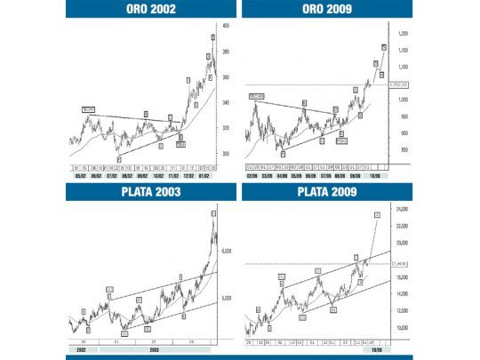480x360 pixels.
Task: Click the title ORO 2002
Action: pyautogui.click(x=150, y=10)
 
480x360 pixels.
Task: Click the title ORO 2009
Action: pyautogui.click(x=328, y=10)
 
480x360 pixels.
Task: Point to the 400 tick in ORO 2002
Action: pyautogui.click(x=227, y=26)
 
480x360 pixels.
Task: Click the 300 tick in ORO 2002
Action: pyautogui.click(x=227, y=152)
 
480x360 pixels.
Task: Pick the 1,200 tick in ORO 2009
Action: pyautogui.click(x=404, y=34)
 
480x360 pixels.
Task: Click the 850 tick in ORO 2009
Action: pyautogui.click(x=404, y=150)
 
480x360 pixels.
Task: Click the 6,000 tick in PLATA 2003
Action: pyautogui.click(x=226, y=252)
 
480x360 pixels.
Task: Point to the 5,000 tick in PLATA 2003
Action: pyautogui.click(x=226, y=298)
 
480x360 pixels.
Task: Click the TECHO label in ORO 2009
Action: pyautogui.click(x=257, y=95)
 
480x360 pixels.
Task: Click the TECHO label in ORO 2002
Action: pyautogui.click(x=88, y=109)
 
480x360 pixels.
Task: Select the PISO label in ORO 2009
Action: pyautogui.click(x=341, y=140)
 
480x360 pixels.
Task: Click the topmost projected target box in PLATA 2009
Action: pyautogui.click(x=377, y=214)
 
